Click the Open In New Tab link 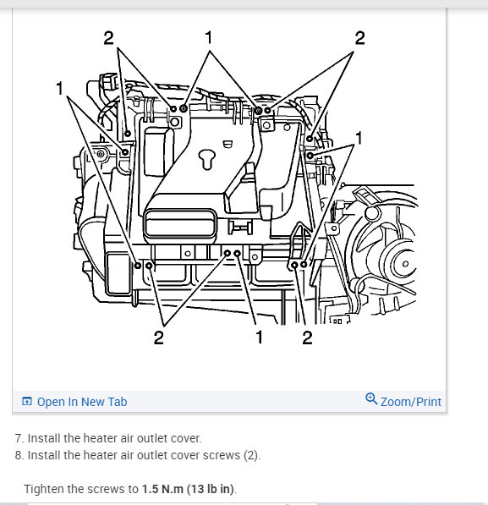click(81, 402)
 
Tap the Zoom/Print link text click(410, 402)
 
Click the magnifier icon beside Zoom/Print click(371, 399)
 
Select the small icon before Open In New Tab click(27, 402)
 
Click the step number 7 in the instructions click(19, 438)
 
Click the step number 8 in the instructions click(19, 455)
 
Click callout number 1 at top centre click(209, 38)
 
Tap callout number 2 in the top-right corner click(359, 38)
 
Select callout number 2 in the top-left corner click(107, 38)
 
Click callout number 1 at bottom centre click(259, 338)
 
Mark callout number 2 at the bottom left click(158, 338)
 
